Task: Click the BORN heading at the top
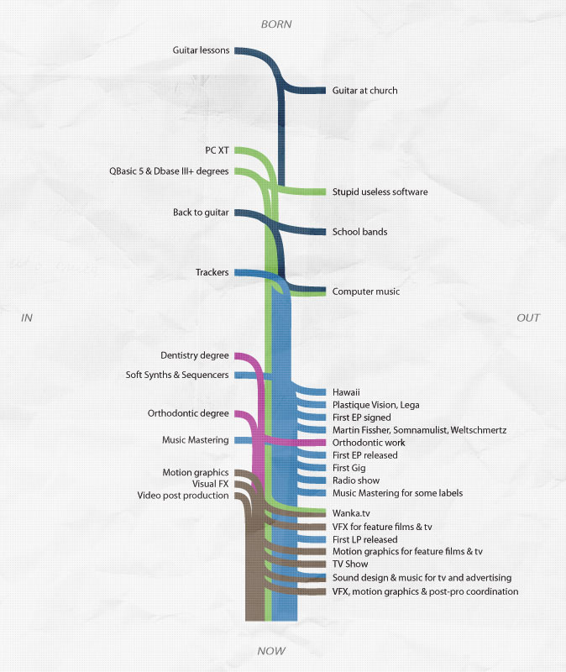[x=276, y=24]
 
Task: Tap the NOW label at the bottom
[x=271, y=651]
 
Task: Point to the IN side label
[x=27, y=318]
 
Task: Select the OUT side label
[x=528, y=318]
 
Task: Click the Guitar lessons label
[x=201, y=50]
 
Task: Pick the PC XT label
[x=217, y=150]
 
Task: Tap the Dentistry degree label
[x=195, y=355]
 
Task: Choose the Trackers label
[x=212, y=272]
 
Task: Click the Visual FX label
[x=211, y=484]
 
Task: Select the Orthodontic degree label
[x=188, y=413]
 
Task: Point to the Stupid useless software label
[x=380, y=192]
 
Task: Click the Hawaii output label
[x=346, y=392]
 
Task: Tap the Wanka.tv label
[x=351, y=513]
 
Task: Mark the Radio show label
[x=356, y=480]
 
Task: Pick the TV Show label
[x=350, y=564]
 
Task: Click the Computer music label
[x=366, y=291]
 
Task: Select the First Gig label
[x=349, y=468]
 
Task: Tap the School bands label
[x=360, y=232]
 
